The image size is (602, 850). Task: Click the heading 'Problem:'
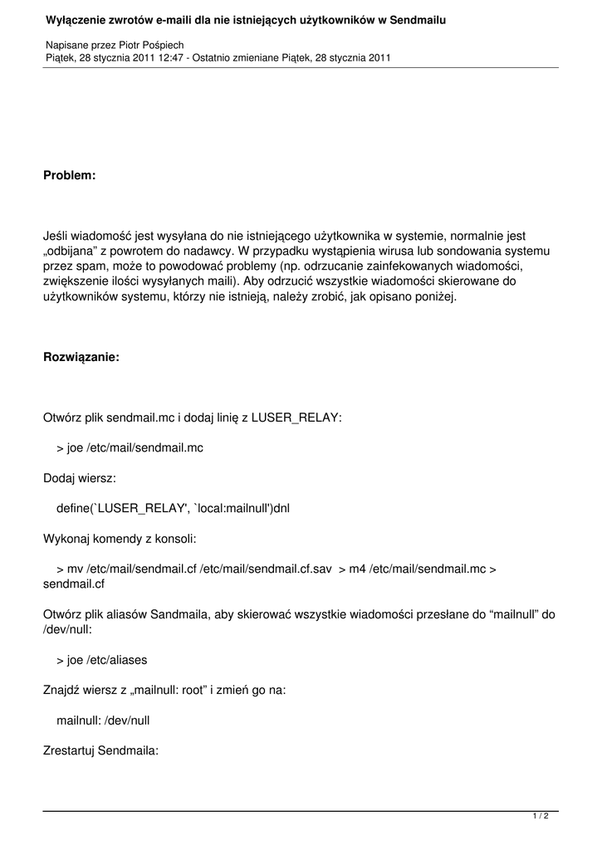(x=70, y=176)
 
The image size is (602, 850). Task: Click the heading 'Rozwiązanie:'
(x=81, y=357)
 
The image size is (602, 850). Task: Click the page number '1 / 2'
(x=541, y=817)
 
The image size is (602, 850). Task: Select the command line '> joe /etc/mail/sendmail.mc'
(x=130, y=447)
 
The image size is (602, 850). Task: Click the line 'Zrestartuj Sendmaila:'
(x=100, y=750)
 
